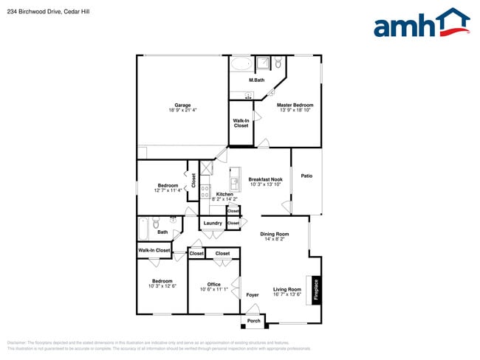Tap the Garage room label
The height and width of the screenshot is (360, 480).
click(x=182, y=105)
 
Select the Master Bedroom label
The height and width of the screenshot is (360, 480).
click(x=295, y=105)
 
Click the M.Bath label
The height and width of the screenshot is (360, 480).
click(x=256, y=80)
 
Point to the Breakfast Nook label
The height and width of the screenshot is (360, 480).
click(x=265, y=179)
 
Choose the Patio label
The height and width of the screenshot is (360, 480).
click(x=306, y=176)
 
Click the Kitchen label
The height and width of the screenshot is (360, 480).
click(x=224, y=194)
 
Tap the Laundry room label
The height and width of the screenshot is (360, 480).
click(x=213, y=223)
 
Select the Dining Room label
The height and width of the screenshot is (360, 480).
click(x=274, y=234)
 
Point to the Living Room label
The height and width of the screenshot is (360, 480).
click(x=287, y=289)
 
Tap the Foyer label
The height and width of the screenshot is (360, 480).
click(x=253, y=295)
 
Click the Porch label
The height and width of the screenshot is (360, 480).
click(x=253, y=320)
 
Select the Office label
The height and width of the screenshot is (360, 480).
click(x=214, y=284)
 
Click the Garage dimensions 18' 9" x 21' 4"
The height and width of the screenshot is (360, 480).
click(x=182, y=111)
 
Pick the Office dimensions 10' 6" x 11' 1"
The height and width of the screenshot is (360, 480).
click(x=214, y=289)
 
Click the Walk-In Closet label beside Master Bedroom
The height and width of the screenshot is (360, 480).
click(x=241, y=122)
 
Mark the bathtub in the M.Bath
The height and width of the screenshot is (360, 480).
click(x=241, y=64)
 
